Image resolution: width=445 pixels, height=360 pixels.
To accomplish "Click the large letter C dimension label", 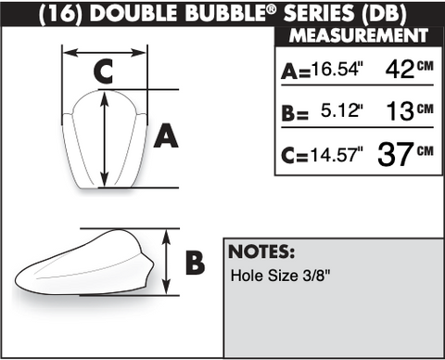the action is point(103,71).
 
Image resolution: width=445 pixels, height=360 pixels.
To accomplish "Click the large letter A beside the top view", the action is point(166,135).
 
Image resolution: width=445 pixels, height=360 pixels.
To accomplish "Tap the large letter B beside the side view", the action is point(195,263).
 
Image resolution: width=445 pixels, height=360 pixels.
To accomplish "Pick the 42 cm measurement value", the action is point(410,69).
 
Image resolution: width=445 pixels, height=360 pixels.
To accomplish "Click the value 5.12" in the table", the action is point(342,110).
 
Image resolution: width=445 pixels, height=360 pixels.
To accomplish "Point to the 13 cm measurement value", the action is point(410,110).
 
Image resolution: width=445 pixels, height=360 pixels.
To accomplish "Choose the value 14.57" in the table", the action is point(337,154).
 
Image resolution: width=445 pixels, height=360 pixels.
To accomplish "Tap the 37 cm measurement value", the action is point(405,154).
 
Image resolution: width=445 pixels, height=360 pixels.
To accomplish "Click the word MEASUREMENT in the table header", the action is point(359,35).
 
